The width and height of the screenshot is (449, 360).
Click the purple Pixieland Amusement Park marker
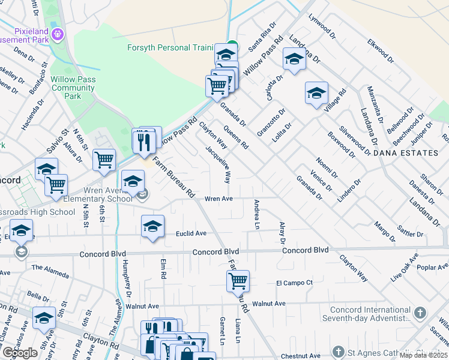pyautogui.click(x=58, y=33)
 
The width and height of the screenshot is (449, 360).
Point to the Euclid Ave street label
pyautogui.click(x=191, y=233)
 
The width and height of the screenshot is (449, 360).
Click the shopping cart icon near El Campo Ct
pyautogui.click(x=238, y=280)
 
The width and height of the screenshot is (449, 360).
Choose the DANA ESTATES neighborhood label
pyautogui.click(x=405, y=153)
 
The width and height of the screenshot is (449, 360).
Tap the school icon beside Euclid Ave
pyautogui.click(x=152, y=226)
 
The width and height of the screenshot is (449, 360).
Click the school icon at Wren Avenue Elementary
pyautogui.click(x=133, y=180)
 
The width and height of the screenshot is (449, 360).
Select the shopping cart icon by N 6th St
pyautogui.click(x=104, y=160)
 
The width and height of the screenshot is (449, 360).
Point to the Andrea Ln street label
pyautogui.click(x=257, y=214)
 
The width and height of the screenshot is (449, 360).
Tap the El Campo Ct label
pyautogui.click(x=295, y=283)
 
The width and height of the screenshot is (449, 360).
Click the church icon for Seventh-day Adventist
pyautogui.click(x=420, y=313)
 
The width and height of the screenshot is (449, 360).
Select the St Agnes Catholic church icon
pyautogui.click(x=339, y=352)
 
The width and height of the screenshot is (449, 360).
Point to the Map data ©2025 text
pyautogui.click(x=424, y=355)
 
